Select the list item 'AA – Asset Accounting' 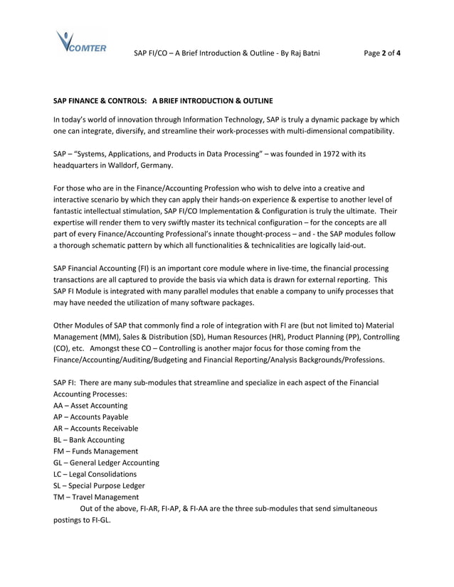point(90,406)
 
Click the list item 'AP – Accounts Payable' point(90,417)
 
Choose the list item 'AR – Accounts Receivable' point(95,429)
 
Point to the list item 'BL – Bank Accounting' point(88,440)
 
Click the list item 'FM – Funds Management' point(95,451)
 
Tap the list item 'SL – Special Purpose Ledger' point(99,485)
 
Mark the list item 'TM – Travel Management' point(96,497)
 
